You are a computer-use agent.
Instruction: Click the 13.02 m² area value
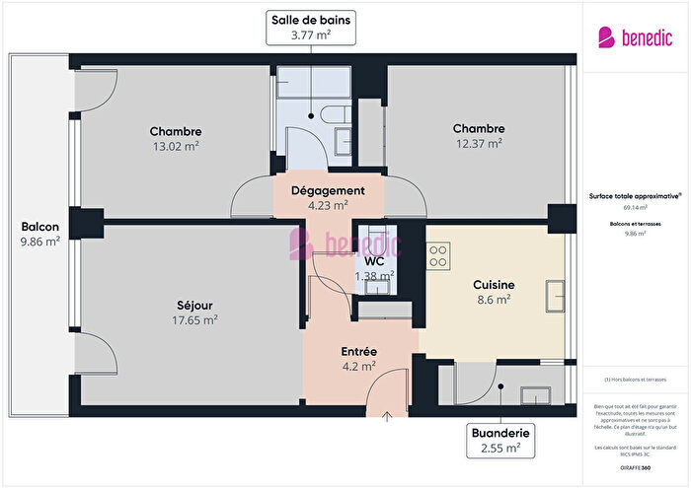tap(176, 146)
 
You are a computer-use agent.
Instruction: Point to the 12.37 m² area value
tap(479, 144)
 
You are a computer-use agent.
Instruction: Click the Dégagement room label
tap(328, 190)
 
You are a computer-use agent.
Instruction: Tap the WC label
tap(373, 261)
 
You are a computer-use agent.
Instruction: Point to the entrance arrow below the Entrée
tap(386, 416)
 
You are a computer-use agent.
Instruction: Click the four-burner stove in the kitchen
tap(438, 257)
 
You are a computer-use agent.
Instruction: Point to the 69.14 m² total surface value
tap(635, 208)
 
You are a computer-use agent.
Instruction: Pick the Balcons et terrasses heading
tap(635, 224)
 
